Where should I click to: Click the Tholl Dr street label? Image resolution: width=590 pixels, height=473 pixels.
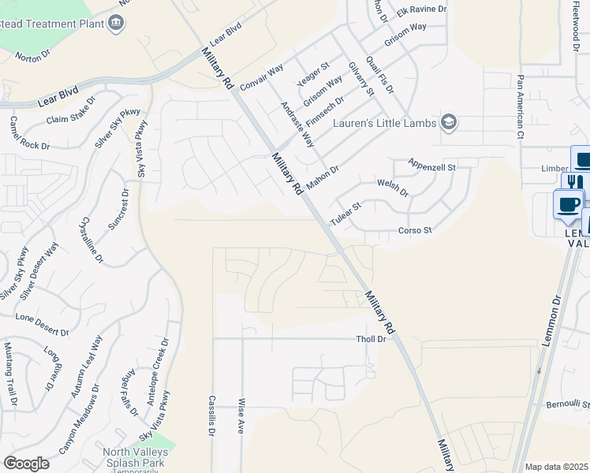370,339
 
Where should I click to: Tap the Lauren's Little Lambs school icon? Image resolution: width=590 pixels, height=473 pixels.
449,121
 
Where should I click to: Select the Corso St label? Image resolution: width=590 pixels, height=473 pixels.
415,231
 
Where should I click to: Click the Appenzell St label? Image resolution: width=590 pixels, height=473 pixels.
432,166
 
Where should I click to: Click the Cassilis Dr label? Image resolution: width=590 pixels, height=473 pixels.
212,415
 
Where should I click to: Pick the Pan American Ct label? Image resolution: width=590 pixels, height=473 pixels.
521,107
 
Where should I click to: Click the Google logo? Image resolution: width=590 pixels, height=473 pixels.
26,464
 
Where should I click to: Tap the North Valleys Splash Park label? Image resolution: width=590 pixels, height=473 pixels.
134,457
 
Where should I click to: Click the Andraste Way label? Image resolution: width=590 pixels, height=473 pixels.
297,124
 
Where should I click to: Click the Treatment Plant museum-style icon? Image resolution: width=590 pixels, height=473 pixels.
116,22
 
